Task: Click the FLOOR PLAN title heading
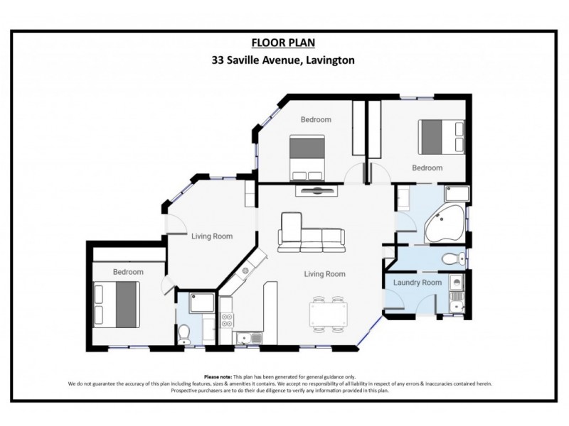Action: pyautogui.click(x=284, y=43)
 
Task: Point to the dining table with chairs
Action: pyautogui.click(x=329, y=314)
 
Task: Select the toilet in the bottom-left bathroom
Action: pyautogui.click(x=184, y=332)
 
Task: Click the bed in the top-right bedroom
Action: pyautogui.click(x=435, y=136)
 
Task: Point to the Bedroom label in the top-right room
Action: pyautogui.click(x=427, y=168)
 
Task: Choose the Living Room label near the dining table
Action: pyautogui.click(x=325, y=273)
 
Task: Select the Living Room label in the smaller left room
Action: pyautogui.click(x=212, y=236)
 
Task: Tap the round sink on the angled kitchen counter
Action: pyautogui.click(x=245, y=271)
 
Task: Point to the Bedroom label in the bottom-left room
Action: pyautogui.click(x=128, y=272)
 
